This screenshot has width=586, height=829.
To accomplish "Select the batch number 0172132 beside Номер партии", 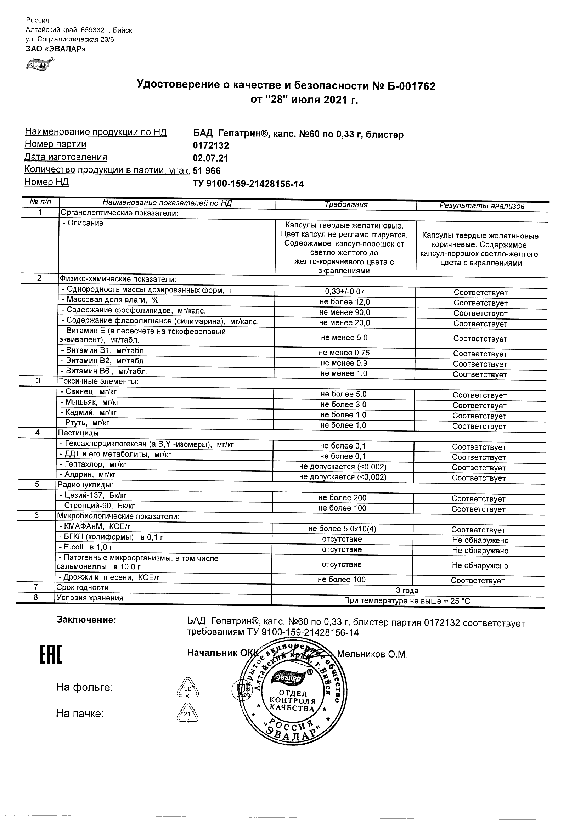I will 211,146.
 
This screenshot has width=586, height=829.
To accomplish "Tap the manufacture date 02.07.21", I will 210,158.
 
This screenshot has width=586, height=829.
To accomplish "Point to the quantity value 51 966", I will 207,171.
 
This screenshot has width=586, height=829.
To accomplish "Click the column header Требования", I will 346,205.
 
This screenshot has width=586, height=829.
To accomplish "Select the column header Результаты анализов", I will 481,206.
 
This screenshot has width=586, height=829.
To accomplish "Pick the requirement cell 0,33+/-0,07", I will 345,291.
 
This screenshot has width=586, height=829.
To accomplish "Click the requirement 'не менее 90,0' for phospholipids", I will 344,312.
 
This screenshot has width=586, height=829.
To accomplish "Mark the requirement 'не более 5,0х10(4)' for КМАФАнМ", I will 342,529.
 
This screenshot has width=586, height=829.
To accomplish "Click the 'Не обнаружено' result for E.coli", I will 480,551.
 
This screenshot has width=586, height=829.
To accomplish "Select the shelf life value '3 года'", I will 407,590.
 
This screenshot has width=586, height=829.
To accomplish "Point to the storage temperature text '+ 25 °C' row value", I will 407,601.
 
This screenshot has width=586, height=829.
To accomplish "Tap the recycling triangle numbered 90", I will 188,688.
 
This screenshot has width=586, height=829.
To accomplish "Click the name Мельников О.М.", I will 372,654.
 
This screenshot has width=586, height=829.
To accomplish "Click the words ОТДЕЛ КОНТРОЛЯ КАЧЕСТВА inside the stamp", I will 292,701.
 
